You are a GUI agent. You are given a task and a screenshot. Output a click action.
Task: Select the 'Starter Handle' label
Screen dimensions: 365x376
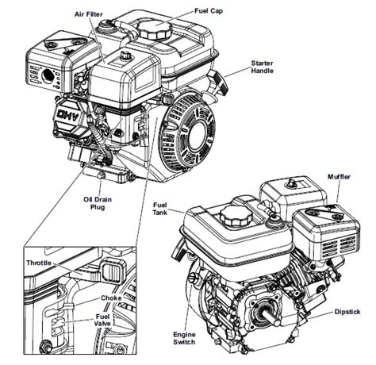263,67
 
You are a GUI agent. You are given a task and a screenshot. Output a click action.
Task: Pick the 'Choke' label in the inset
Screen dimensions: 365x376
109,298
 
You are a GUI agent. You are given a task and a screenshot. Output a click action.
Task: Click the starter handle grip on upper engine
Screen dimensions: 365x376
218,83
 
